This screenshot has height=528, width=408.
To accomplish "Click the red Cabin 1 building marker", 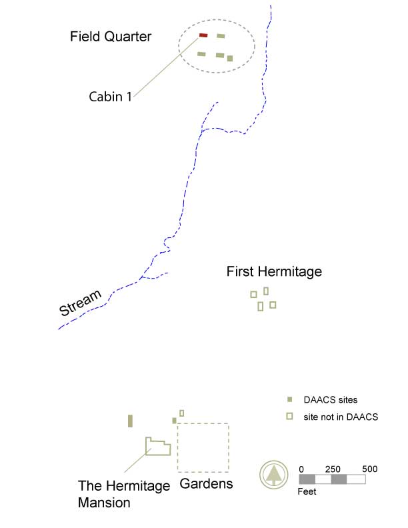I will click(203, 35).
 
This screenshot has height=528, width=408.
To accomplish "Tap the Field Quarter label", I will click(111, 37).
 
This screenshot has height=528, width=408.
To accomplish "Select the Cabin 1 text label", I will click(110, 97).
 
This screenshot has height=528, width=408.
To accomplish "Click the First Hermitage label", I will click(274, 271).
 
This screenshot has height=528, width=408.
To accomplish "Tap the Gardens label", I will click(207, 483).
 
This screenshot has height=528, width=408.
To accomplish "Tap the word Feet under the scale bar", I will click(307, 492).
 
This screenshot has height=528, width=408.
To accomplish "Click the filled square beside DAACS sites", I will click(289, 400).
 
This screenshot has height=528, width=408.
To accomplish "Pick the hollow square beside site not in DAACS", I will click(289, 417).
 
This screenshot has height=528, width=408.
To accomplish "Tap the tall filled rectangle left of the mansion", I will click(131, 421).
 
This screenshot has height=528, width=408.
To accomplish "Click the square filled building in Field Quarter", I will click(230, 58).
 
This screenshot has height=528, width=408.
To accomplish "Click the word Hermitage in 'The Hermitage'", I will click(136, 485).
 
